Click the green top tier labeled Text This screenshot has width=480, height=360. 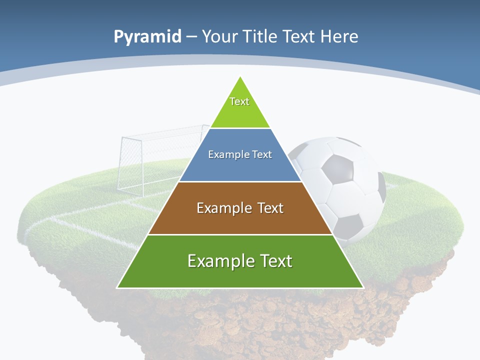[x=239, y=107]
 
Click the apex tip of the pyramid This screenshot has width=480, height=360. [x=240, y=77]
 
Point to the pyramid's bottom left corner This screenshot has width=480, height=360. [x=118, y=287]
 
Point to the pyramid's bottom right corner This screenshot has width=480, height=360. [x=362, y=287]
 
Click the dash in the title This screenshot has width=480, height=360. [x=192, y=37]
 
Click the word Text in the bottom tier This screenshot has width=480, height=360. [x=274, y=261]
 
